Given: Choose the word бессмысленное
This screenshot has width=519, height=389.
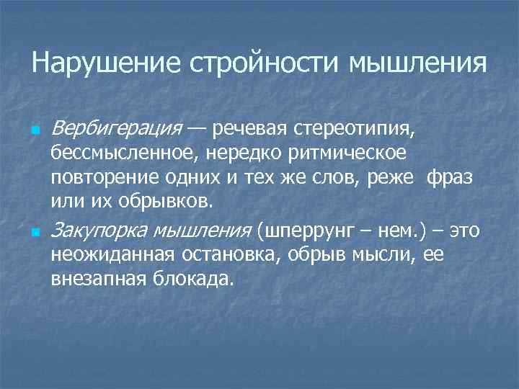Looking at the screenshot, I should [125, 153].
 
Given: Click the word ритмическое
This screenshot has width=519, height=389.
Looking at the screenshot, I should [351, 153].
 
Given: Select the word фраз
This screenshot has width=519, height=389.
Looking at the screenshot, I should [450, 177].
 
